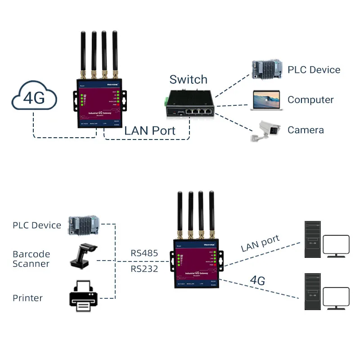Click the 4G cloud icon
[x=35, y=98]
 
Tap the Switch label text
[x=188, y=80]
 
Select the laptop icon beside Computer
[x=265, y=99]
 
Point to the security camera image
[x=265, y=130]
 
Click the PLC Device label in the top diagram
[x=314, y=70]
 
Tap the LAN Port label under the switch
[x=149, y=130]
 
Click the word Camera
[x=306, y=130]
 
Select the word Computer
[x=310, y=100]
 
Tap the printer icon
[x=83, y=296]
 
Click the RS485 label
[x=144, y=253]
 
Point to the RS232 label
[x=144, y=269]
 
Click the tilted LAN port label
[x=260, y=243]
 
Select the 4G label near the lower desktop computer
[x=257, y=281]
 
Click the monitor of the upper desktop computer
[x=337, y=246]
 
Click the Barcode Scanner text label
[x=31, y=259]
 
